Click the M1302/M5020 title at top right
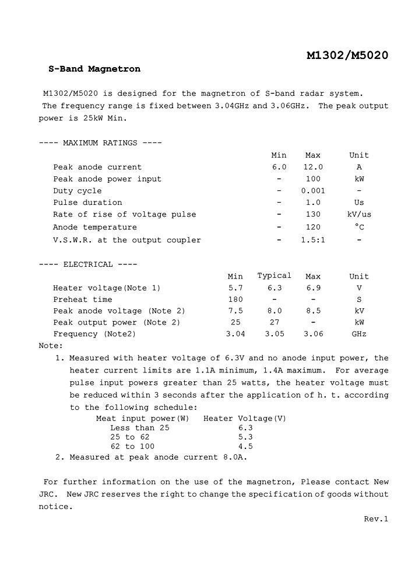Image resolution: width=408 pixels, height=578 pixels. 347,55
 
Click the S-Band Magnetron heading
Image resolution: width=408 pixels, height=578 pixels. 94,69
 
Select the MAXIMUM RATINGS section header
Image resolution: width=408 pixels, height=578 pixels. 100,143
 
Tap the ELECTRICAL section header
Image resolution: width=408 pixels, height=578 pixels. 88,264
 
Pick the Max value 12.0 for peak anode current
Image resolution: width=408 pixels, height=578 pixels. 313,167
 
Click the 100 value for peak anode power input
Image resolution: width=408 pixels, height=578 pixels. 313,179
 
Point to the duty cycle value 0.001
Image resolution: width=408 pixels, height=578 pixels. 313,191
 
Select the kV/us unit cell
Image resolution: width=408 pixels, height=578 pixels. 359,215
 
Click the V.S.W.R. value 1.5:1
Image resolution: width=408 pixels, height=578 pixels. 313,240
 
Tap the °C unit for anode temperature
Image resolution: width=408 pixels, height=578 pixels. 359,227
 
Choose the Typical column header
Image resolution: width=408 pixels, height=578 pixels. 275,276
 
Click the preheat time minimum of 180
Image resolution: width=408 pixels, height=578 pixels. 235,300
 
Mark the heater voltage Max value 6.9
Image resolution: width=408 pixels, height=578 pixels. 313,288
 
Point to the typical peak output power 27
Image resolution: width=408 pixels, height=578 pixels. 275,322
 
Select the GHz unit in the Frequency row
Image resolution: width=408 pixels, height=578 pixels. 359,334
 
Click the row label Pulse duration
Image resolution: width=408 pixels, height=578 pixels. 87,203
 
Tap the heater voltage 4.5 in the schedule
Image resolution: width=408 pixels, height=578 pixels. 245,447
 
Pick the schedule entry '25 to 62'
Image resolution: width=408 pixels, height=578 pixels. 130,437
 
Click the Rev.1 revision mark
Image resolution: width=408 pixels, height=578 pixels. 376,519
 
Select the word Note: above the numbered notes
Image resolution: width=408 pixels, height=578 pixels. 51,346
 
